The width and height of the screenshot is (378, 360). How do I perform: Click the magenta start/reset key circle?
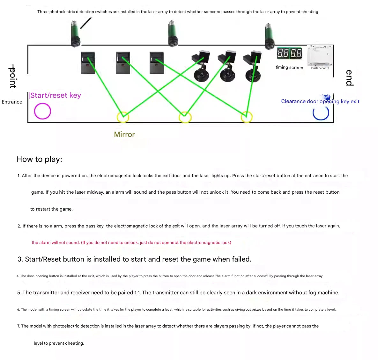coord(42,111)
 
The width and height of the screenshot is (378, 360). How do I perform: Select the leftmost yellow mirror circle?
coord(123,117)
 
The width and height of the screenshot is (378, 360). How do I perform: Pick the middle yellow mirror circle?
coord(185,117)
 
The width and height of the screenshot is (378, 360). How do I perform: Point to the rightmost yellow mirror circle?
coord(247,117)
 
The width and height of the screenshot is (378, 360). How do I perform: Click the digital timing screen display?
coord(289,53)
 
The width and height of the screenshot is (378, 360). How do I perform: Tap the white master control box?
coord(320,56)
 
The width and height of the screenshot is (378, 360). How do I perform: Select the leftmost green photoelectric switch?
coord(75,34)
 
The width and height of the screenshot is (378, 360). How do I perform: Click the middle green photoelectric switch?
coord(173,33)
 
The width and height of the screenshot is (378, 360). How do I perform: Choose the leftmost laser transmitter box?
coord(88,63)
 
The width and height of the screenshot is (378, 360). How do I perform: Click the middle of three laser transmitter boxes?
coord(123,63)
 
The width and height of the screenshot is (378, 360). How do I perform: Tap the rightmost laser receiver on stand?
coord(253,67)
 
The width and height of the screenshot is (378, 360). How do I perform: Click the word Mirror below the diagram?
coord(124,134)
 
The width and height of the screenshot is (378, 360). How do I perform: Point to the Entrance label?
coord(12,102)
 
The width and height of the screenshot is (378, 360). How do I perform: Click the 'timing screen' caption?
coord(289,68)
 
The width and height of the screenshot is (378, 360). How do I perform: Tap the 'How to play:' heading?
coord(40,159)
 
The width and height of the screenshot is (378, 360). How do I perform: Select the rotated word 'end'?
coord(350,78)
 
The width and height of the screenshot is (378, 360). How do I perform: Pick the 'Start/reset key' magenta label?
coord(56,95)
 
